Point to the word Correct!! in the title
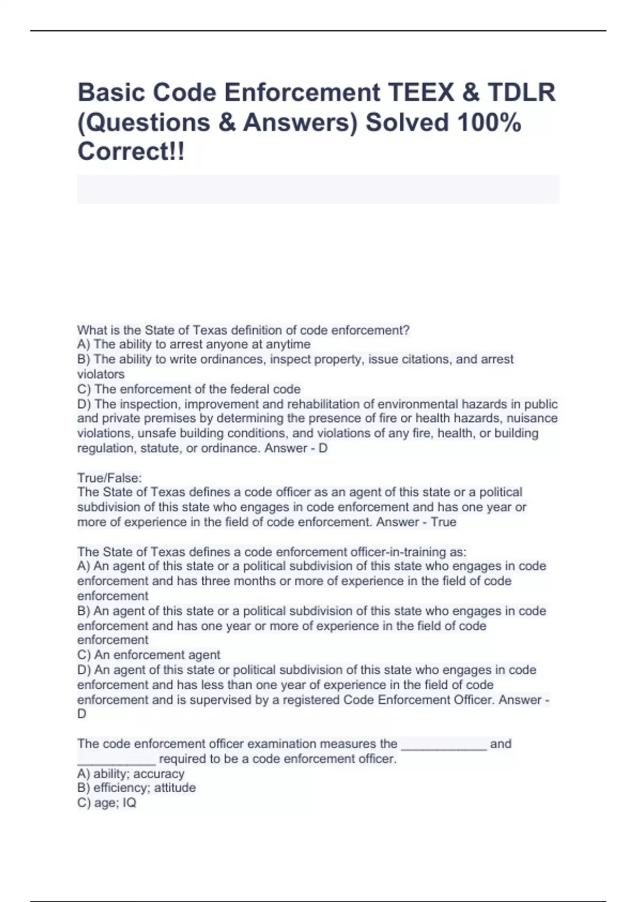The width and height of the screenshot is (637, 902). [131, 152]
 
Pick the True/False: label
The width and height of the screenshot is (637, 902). [109, 478]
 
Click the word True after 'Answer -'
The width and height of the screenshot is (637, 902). [444, 522]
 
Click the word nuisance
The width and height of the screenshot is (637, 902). [532, 419]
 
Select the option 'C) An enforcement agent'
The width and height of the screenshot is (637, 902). [149, 655]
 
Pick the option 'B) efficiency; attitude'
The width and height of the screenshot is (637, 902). [136, 788]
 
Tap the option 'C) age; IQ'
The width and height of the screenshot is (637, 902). [107, 803]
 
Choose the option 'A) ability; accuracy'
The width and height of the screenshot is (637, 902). [131, 774]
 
